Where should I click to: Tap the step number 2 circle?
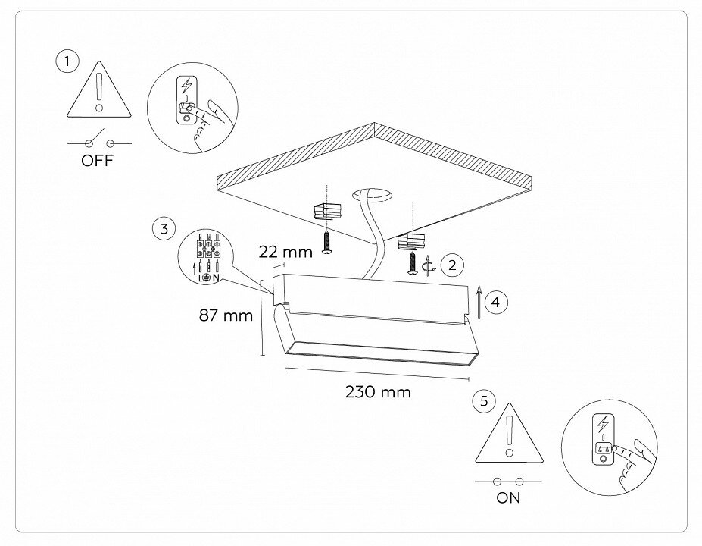click(x=452, y=265)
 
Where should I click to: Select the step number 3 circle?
click(x=164, y=227)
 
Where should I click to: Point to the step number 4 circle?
click(x=495, y=301)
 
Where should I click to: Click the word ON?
click(x=508, y=498)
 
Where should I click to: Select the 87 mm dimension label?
click(x=226, y=315)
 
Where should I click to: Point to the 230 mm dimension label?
click(x=378, y=392)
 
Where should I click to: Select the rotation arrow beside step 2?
click(x=429, y=265)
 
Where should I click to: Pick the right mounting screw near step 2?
click(x=412, y=263)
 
